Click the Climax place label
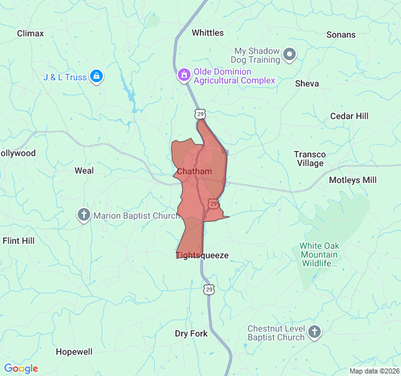click(x=31, y=33)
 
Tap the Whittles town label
click(x=207, y=33)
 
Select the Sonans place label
click(x=341, y=35)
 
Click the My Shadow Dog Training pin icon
click(x=289, y=56)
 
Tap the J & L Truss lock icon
click(x=96, y=77)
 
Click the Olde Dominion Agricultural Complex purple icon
click(x=184, y=76)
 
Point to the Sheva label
click(x=307, y=83)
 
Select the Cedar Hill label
click(x=350, y=116)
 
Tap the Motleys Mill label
click(x=353, y=180)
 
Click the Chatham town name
click(x=194, y=171)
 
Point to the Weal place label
click(x=84, y=170)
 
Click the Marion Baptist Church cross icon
click(x=84, y=216)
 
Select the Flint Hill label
click(x=19, y=241)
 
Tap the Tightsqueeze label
click(x=202, y=255)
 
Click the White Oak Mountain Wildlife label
click(x=318, y=254)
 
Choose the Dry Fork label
click(x=191, y=333)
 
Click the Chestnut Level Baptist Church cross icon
click(x=315, y=333)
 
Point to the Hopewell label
click(x=74, y=352)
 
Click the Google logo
click(x=21, y=368)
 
